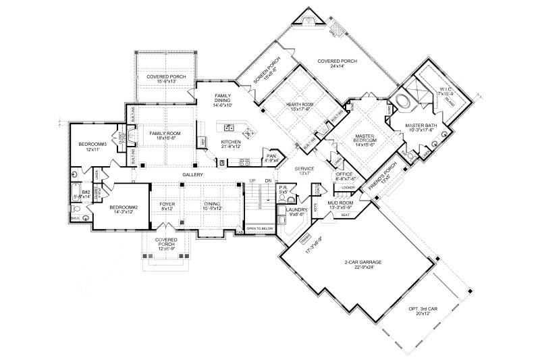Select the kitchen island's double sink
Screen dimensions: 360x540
[x=229, y=126]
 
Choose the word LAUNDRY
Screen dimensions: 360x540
[x=297, y=209]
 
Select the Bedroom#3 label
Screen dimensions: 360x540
[x=89, y=145]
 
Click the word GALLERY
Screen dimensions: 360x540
[x=192, y=175]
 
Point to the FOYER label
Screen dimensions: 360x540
[x=167, y=203]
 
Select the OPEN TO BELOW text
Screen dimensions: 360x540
[x=259, y=230]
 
